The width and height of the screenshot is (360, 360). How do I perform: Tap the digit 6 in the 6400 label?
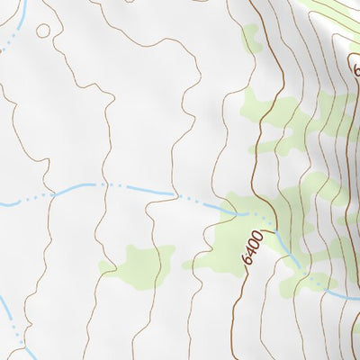coord(246,258)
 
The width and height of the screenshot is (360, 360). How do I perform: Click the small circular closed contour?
coord(42,31)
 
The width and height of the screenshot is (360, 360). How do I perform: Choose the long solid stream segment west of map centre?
coord(76,186)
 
